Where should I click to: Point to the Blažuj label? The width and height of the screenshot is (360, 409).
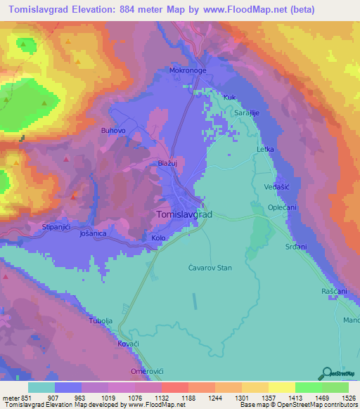tap(167, 163)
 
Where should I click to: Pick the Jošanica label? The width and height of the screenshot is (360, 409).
tap(93, 233)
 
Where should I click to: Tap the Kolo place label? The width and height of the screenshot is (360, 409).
tap(158, 238)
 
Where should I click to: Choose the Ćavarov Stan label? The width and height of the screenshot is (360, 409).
tap(210, 268)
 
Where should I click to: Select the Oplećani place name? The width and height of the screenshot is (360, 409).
tap(284, 208)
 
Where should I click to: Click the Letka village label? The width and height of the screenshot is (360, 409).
tap(264, 150)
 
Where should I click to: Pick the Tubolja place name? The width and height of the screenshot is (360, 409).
tap(101, 320)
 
